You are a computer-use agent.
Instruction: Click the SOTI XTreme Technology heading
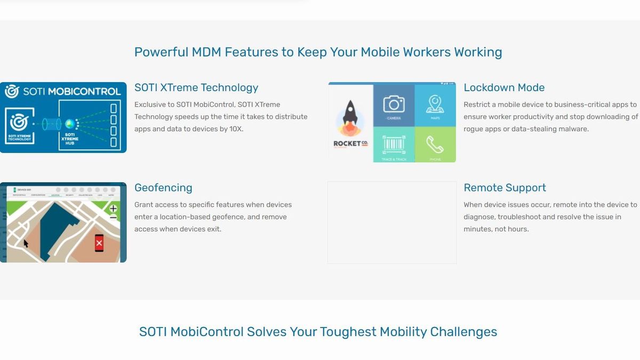(x=196, y=87)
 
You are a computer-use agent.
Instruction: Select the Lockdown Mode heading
(x=503, y=87)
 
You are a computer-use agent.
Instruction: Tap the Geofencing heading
(x=163, y=188)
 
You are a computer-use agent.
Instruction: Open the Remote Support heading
(x=505, y=188)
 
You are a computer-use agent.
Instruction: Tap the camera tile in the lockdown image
(x=394, y=105)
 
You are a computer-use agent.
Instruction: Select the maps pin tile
(x=435, y=105)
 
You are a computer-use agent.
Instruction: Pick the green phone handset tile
(x=435, y=144)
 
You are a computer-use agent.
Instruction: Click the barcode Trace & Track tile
(x=394, y=144)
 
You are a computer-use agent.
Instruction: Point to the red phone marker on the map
(x=99, y=243)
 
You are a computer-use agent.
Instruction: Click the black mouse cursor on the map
(x=26, y=243)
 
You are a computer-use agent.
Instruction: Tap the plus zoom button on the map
(x=113, y=209)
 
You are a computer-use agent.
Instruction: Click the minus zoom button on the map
(x=113, y=218)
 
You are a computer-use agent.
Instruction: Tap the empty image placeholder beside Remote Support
(x=392, y=222)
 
